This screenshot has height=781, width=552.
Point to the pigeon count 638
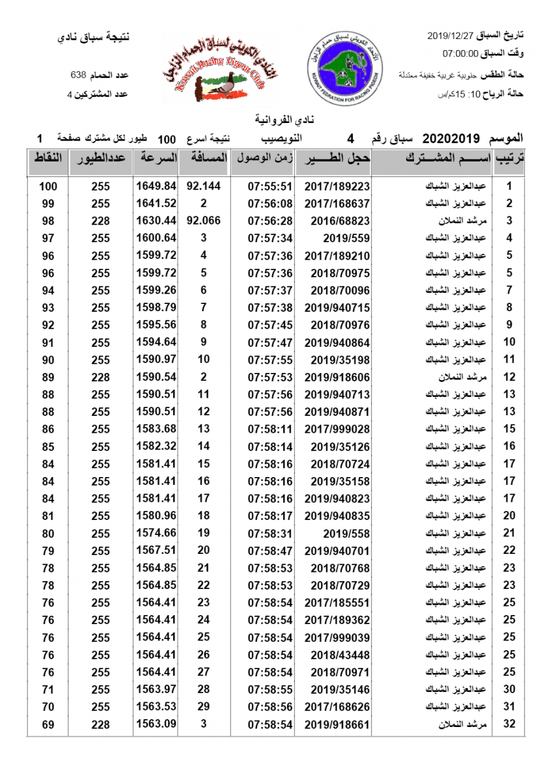pos(79,75)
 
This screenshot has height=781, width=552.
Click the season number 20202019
pos(451,138)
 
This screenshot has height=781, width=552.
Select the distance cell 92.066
pos(204,221)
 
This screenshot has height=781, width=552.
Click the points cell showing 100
pos(48,185)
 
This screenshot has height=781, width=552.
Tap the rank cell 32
pos(510,724)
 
